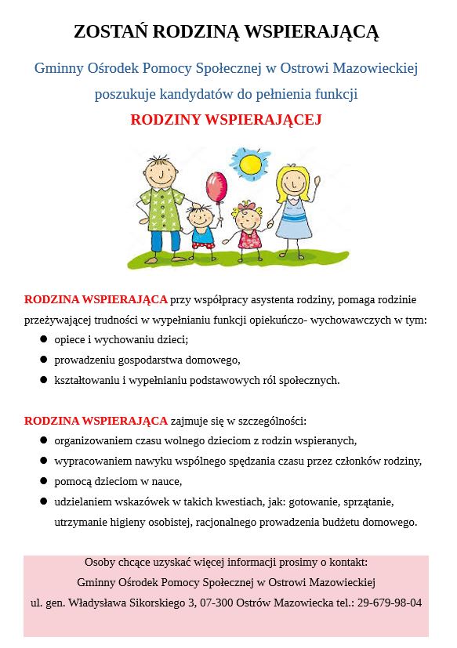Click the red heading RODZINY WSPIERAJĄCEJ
tap(226, 120)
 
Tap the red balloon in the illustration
tap(215, 187)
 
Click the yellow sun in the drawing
tap(250, 164)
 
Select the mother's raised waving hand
tap(317, 182)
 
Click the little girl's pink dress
tap(250, 237)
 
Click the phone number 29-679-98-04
tap(390, 603)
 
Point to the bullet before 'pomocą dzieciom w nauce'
tap(44, 480)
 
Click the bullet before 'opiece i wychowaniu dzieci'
tap(44, 339)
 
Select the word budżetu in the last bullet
tap(340, 521)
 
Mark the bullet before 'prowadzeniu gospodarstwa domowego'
tap(44, 360)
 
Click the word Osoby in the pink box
tap(100, 562)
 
